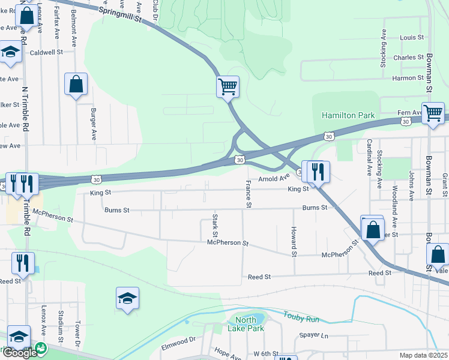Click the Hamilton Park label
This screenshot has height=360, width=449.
(x=348, y=115)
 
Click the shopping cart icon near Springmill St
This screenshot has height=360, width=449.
(x=228, y=87)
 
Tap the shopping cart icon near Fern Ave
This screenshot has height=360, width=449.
(x=433, y=113)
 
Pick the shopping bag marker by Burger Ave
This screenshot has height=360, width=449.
(x=76, y=86)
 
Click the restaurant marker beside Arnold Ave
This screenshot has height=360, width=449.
(x=318, y=172)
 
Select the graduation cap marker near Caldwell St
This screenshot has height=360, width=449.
(x=10, y=53)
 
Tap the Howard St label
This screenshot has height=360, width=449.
(x=294, y=242)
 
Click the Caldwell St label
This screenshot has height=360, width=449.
(x=47, y=52)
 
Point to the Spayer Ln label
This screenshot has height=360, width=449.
(x=316, y=335)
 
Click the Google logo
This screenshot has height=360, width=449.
(x=20, y=353)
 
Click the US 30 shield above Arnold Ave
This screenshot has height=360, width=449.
(x=240, y=160)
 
